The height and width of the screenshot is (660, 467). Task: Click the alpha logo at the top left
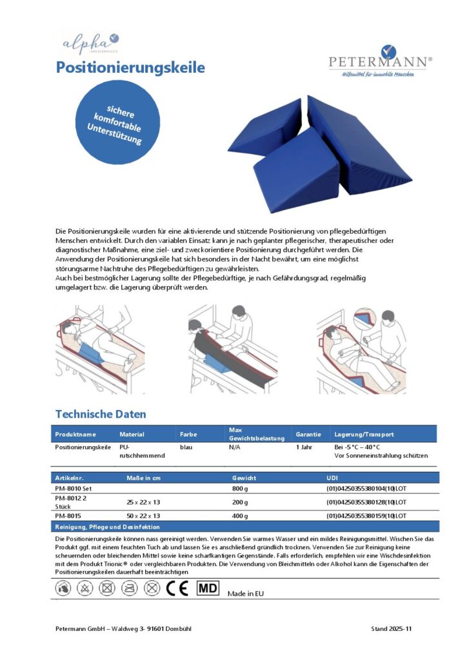tap(90, 43)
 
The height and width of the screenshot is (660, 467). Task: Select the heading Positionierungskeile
tap(130, 67)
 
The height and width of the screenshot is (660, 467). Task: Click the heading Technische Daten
tap(101, 414)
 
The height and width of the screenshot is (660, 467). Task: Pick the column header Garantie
tap(308, 434)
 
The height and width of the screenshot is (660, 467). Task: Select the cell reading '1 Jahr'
tap(304, 446)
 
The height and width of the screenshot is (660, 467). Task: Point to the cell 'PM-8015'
tap(67, 516)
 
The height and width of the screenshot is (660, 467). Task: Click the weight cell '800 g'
tap(241, 489)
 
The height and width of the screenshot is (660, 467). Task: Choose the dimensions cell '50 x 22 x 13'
tap(143, 516)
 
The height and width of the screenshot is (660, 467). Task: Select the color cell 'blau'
tap(186, 446)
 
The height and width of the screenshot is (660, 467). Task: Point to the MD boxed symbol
tap(207, 588)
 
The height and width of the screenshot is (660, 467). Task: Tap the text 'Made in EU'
tap(246, 594)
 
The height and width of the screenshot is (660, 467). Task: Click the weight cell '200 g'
tap(241, 501)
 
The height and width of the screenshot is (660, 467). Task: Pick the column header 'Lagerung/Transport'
tap(364, 434)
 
